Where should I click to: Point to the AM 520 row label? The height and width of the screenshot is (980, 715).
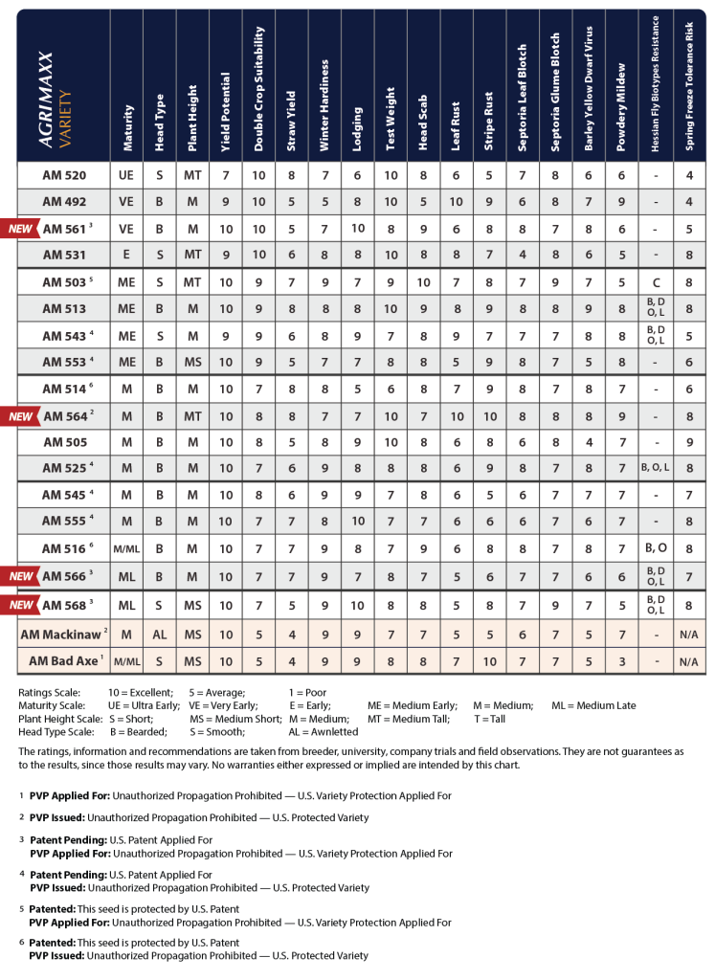coord(64,175)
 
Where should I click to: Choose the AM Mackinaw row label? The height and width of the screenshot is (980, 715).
coord(64,635)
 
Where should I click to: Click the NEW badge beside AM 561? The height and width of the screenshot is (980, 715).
coord(22,229)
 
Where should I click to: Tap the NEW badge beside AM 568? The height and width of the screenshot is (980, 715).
coord(22,604)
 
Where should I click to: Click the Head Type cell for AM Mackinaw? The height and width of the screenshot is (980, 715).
coord(160,635)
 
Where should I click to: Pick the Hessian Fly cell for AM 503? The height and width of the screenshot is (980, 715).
coord(655,282)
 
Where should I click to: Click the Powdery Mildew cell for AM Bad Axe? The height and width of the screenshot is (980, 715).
coord(621,661)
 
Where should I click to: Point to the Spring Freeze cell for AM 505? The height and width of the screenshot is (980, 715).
coord(687,442)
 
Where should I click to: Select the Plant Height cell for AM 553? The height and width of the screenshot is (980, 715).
coord(193,363)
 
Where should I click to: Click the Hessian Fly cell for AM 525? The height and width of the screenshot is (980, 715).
coord(655,469)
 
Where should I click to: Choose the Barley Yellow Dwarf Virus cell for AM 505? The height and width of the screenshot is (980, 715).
coord(588,442)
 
